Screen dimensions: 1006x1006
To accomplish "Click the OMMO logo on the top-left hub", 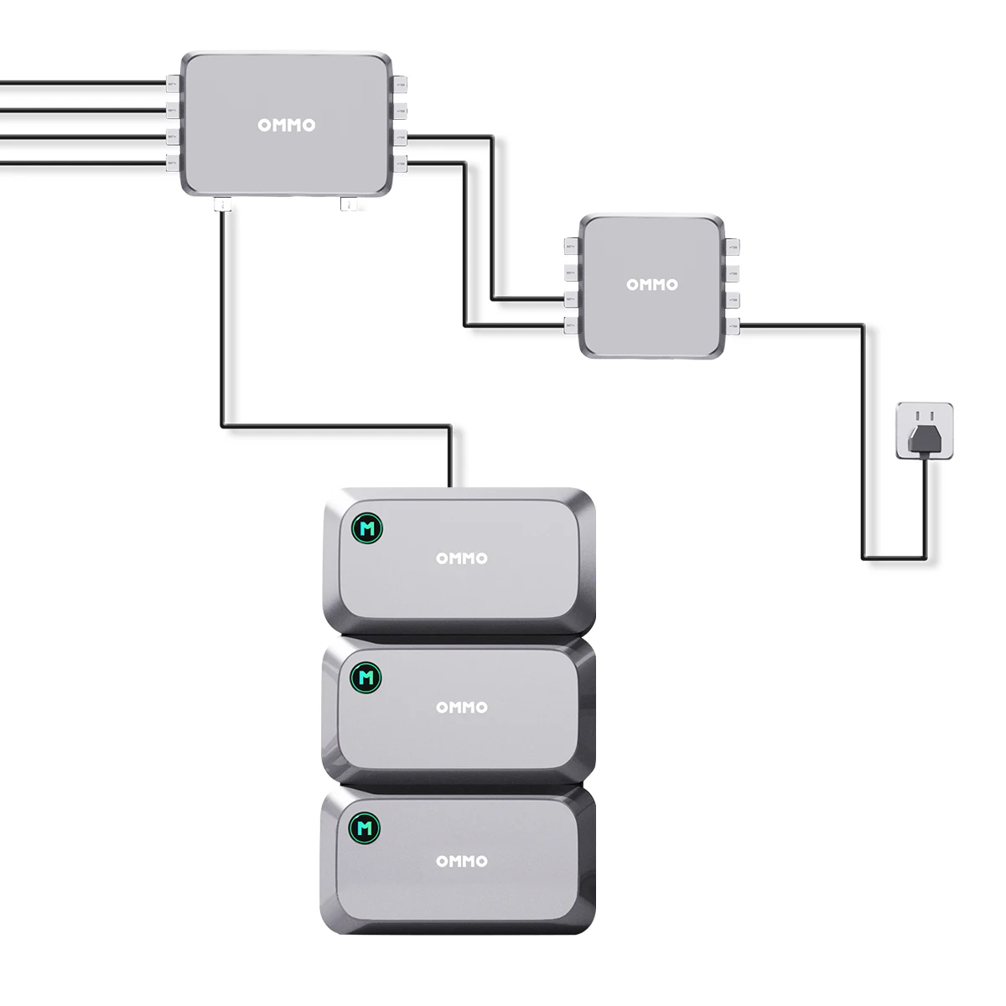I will pyautogui.click(x=287, y=126).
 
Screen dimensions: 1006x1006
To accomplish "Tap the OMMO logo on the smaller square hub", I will pyautogui.click(x=651, y=285).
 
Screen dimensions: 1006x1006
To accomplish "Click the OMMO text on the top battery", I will pyautogui.click(x=461, y=558).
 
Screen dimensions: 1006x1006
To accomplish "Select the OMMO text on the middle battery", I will pyautogui.click(x=461, y=708).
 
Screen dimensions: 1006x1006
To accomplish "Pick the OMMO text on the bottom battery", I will pyautogui.click(x=461, y=861).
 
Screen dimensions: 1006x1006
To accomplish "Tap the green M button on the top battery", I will pyautogui.click(x=366, y=528).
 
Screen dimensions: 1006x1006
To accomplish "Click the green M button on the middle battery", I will pyautogui.click(x=366, y=677).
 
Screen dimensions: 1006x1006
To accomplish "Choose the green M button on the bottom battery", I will pyautogui.click(x=365, y=828).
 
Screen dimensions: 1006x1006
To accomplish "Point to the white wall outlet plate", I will pyautogui.click(x=925, y=411).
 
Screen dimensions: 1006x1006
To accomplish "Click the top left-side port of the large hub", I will pyautogui.click(x=173, y=84).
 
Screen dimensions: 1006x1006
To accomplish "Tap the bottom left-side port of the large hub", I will pyautogui.click(x=173, y=162).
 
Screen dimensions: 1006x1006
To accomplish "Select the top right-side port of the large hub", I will pyautogui.click(x=401, y=84).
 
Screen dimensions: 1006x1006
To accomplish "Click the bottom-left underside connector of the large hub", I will pyautogui.click(x=222, y=204).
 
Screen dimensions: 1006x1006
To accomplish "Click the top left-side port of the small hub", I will pyautogui.click(x=572, y=247).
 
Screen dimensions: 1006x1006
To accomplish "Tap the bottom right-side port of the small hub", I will pyautogui.click(x=733, y=325).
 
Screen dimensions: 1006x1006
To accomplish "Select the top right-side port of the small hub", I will pyautogui.click(x=733, y=247).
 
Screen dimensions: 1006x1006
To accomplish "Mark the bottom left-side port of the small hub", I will pyautogui.click(x=572, y=325).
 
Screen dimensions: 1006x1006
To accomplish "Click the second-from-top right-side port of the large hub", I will pyautogui.click(x=401, y=110).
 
